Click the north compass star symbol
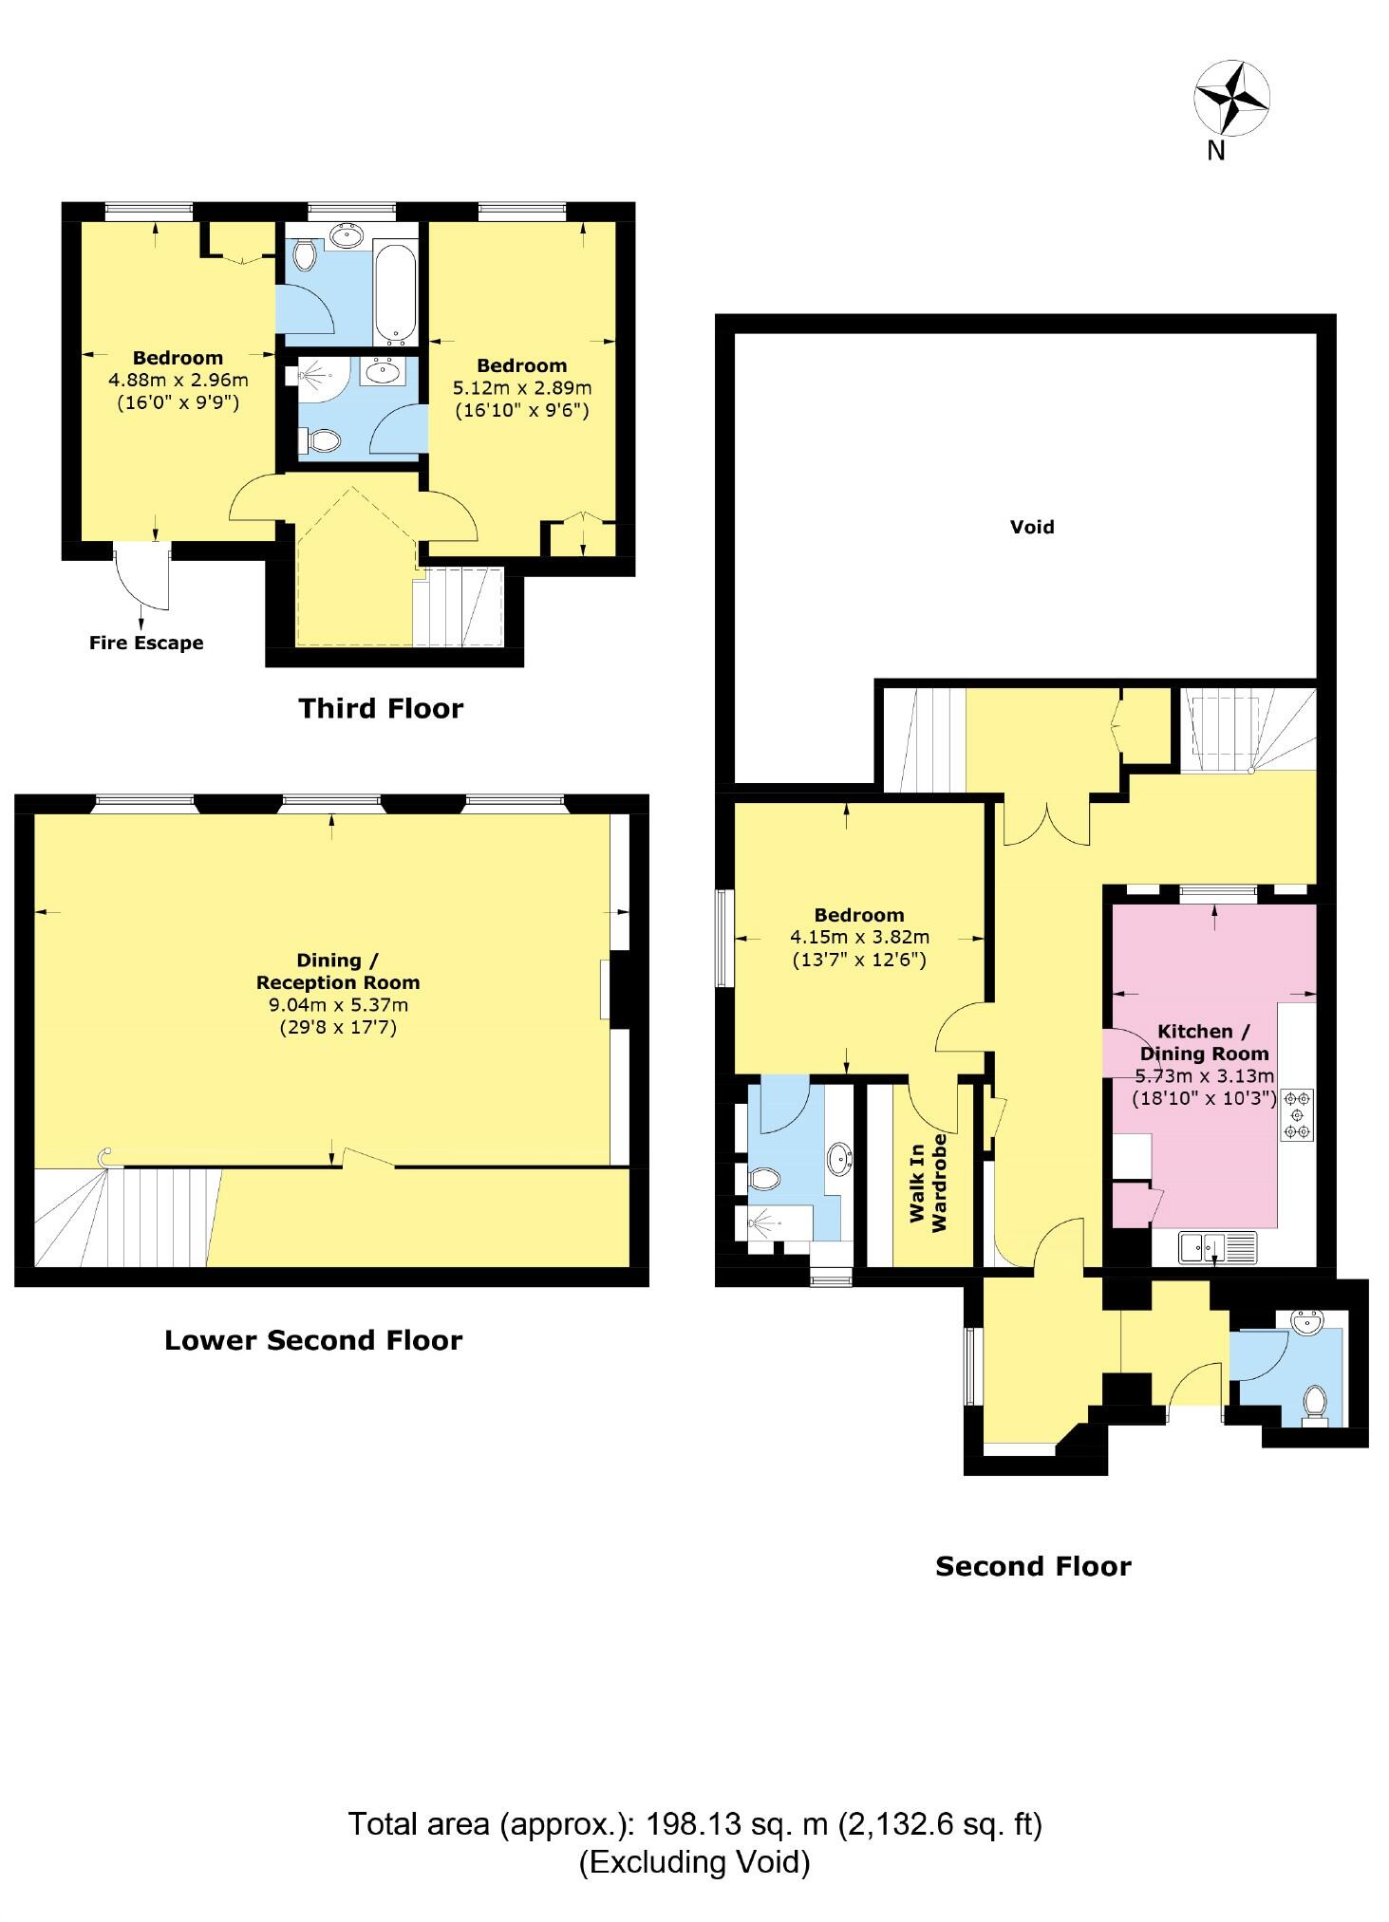click(x=1231, y=98)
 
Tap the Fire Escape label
click(x=146, y=644)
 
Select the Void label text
click(x=1032, y=527)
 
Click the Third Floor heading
click(x=381, y=709)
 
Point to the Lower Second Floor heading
click(x=313, y=1340)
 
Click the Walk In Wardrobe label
click(x=929, y=1183)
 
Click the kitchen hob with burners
click(x=1297, y=1114)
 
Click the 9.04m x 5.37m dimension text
click(x=338, y=1005)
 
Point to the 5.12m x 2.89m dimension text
click(x=522, y=388)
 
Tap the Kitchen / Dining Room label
click(x=1204, y=1042)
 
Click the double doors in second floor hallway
click(x=1047, y=822)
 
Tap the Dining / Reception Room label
click(x=338, y=971)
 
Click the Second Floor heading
click(x=1033, y=1566)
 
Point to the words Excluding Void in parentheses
click(x=695, y=1862)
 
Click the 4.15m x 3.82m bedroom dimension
click(x=859, y=938)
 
